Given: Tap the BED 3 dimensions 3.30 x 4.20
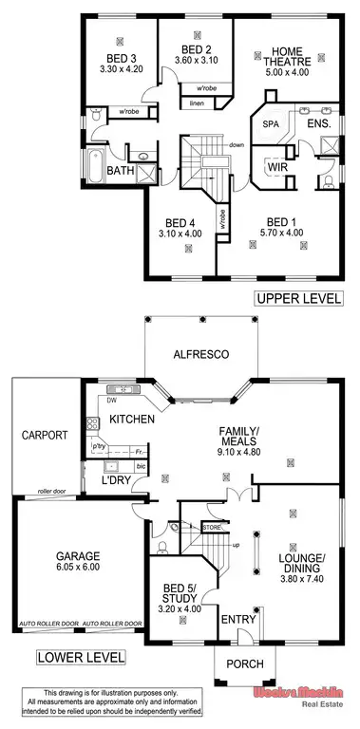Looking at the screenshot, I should click(122, 68).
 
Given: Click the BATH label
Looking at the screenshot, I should click(120, 171).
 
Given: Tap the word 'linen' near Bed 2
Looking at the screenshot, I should click(197, 103).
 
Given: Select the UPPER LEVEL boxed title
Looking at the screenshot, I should click(296, 298).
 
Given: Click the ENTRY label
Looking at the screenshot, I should click(233, 619).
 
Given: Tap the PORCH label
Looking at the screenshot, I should click(233, 668).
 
